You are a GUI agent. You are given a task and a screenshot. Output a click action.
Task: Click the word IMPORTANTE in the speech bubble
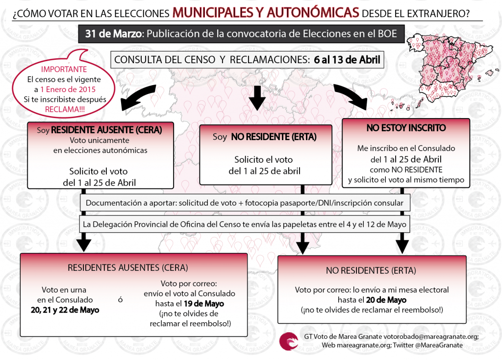(64, 69)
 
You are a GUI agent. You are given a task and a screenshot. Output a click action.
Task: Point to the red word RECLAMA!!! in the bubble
(64, 109)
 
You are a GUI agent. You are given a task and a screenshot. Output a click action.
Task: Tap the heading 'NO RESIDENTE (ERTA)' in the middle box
(274, 137)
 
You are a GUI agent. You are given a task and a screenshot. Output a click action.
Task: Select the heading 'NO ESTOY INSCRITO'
(406, 128)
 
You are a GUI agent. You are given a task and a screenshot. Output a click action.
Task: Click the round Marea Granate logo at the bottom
(288, 341)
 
